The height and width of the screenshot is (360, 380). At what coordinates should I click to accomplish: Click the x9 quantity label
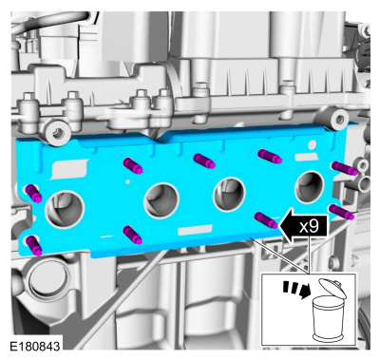click(309, 227)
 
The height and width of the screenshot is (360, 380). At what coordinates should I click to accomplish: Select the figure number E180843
click(35, 346)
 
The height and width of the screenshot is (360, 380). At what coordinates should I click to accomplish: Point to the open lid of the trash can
click(332, 288)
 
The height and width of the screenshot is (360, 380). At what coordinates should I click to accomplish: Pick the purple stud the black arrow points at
click(266, 219)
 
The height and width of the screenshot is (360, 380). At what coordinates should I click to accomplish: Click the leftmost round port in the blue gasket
click(65, 209)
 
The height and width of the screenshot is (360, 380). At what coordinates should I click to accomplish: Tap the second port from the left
click(161, 200)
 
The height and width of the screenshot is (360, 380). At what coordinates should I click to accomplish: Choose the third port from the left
click(230, 195)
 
